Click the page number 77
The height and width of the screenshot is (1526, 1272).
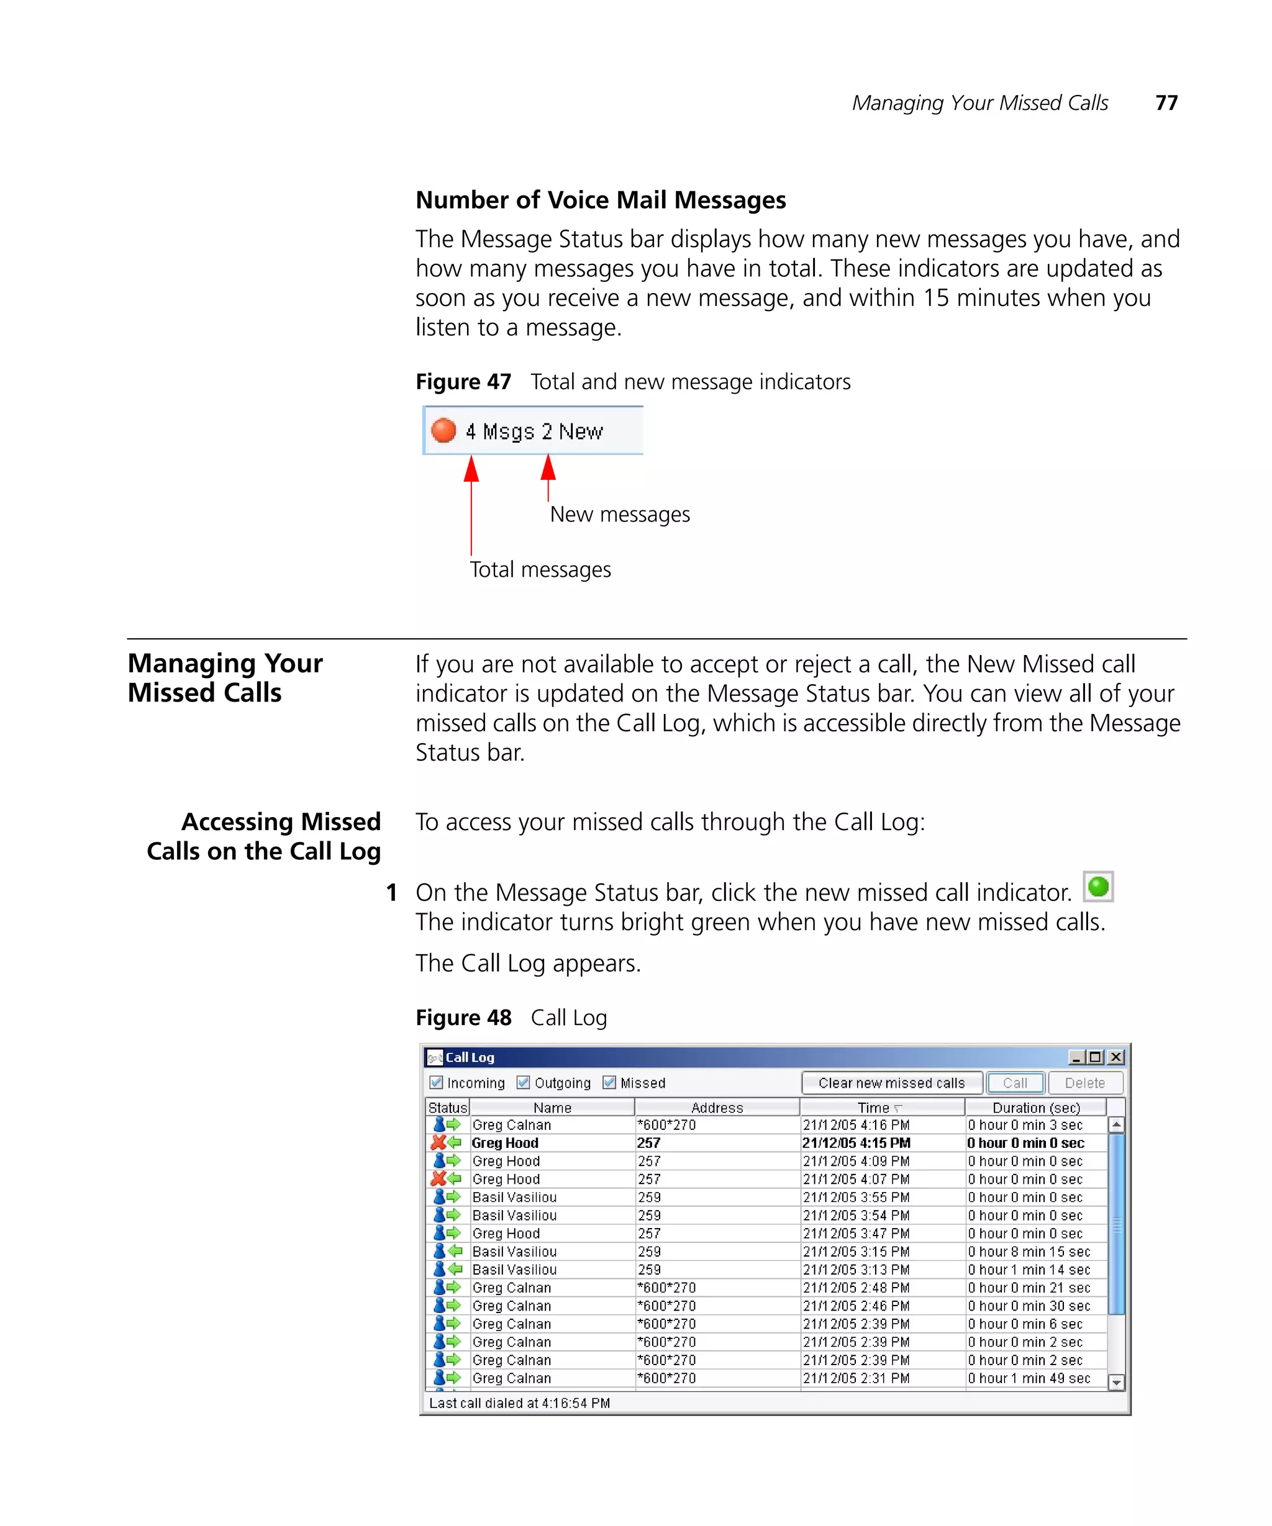click(1166, 102)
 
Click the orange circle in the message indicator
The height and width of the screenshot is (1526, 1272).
click(443, 430)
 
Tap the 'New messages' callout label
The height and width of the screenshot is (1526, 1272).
click(619, 515)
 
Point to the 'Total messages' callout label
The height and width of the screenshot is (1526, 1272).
click(540, 570)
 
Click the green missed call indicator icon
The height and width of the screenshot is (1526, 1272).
click(1097, 887)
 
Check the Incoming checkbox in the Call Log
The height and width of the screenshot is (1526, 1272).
click(436, 1082)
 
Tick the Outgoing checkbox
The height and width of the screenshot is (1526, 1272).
click(522, 1082)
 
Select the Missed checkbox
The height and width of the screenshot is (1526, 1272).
click(609, 1082)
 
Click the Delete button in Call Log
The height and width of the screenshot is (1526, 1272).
click(1084, 1083)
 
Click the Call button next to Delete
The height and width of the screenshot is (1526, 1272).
click(1015, 1083)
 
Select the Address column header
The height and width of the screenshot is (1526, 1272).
click(717, 1108)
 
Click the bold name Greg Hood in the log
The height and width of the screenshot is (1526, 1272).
click(504, 1143)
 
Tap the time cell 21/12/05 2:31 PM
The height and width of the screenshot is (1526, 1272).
click(855, 1378)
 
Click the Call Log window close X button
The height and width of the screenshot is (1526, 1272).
click(1115, 1057)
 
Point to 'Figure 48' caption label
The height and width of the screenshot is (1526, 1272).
click(463, 1018)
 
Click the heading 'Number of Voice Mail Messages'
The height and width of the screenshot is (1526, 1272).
click(601, 200)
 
